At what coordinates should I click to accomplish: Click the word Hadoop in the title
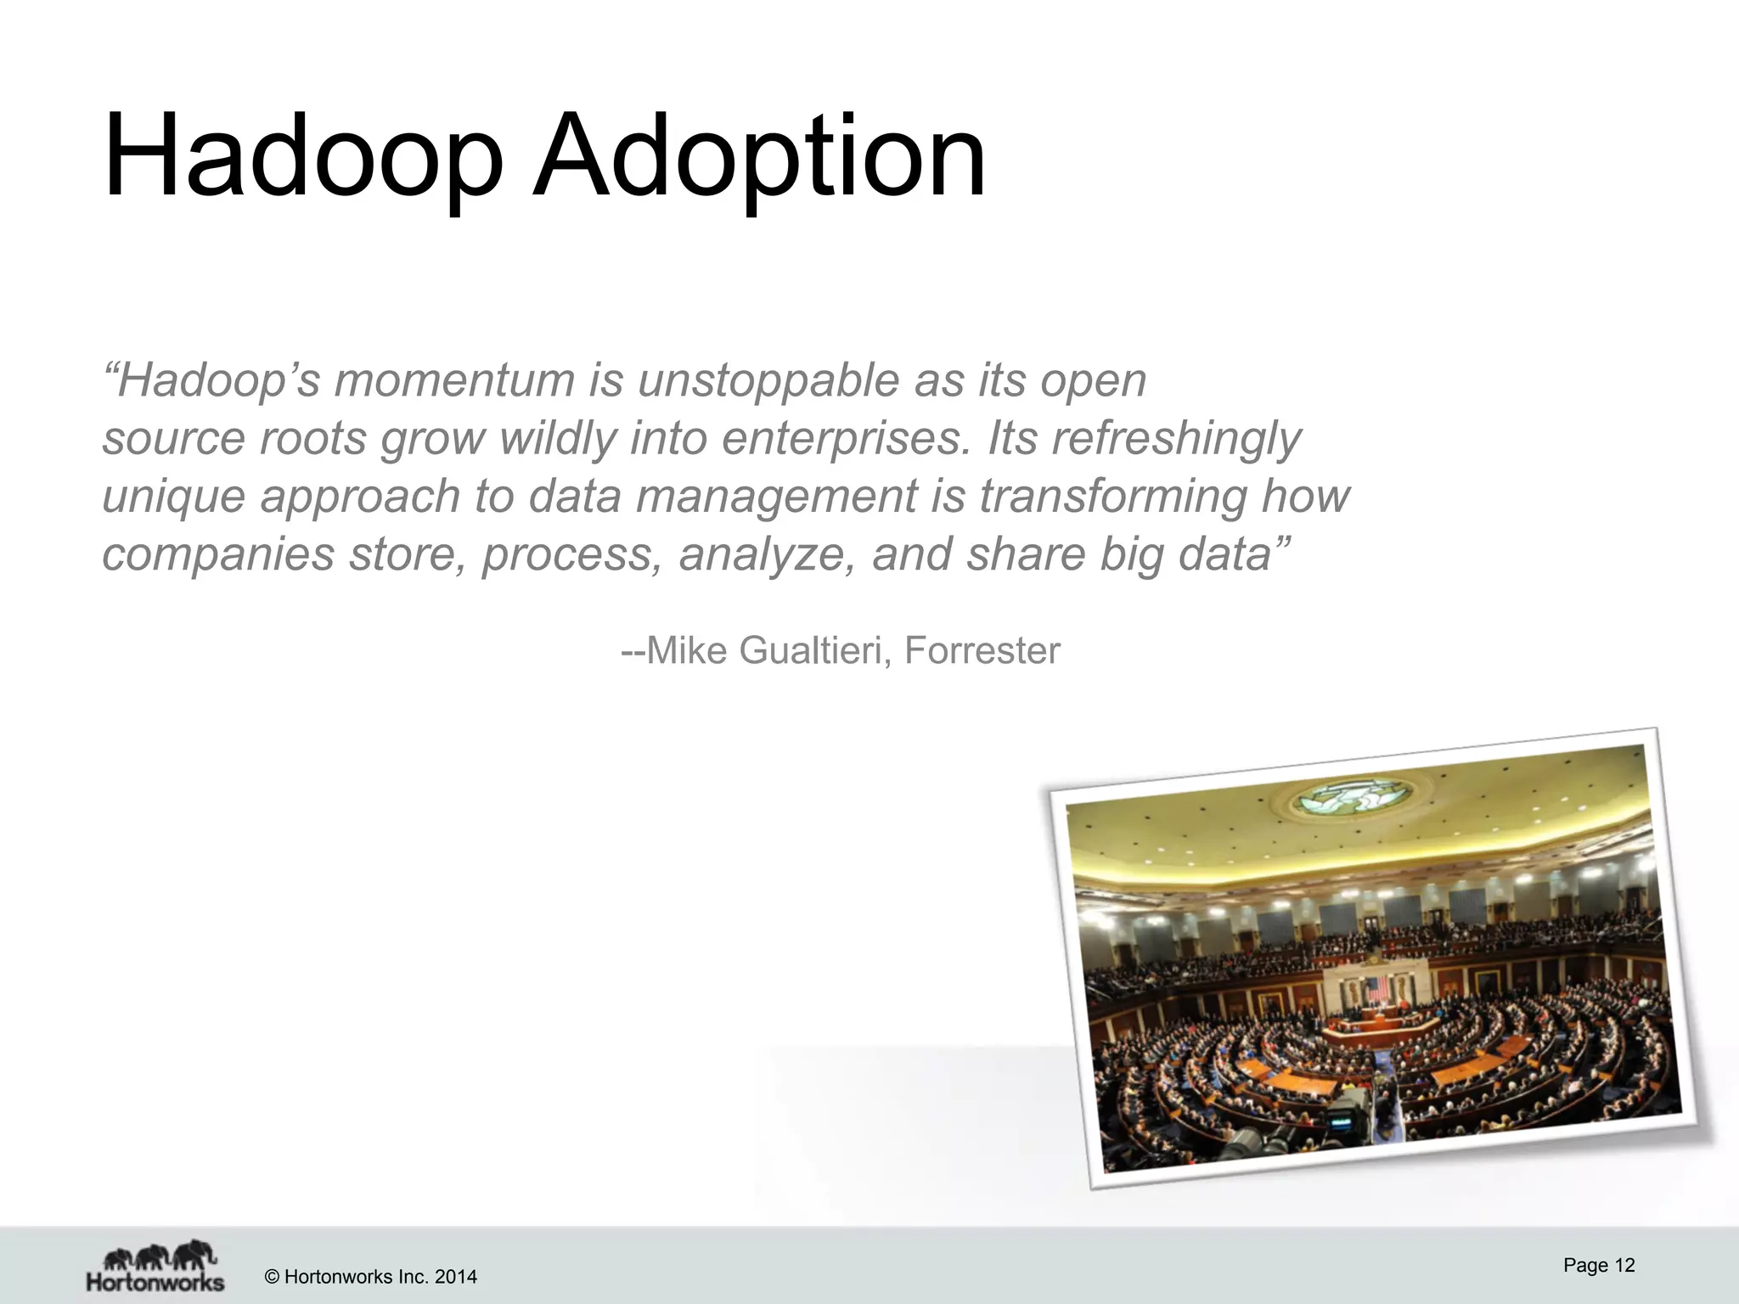coord(302,157)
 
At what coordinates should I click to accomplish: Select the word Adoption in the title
coord(759,157)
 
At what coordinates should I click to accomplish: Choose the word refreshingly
coord(1175,439)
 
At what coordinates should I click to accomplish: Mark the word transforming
coord(1114,497)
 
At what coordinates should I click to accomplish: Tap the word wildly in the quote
coord(557,439)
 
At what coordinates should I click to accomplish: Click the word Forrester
coord(982,651)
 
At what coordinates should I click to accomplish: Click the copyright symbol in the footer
coord(273,1277)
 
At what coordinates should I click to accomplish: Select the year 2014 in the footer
coord(456,1277)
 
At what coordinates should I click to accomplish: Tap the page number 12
coord(1624,1266)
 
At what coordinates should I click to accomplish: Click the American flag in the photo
coord(1376,989)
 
